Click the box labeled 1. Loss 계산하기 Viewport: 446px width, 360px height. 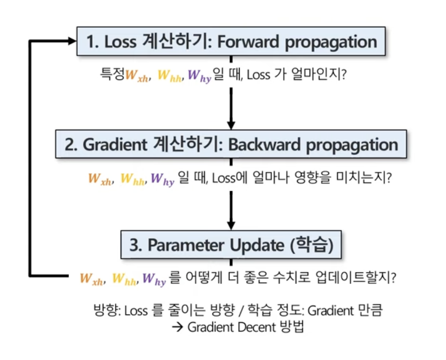pyautogui.click(x=231, y=42)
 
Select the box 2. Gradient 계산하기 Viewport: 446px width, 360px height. pyautogui.click(x=231, y=144)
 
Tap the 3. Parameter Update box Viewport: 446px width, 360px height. pyautogui.click(x=231, y=245)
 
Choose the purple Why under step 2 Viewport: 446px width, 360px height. pyautogui.click(x=162, y=179)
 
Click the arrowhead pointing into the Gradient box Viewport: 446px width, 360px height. pyautogui.click(x=231, y=124)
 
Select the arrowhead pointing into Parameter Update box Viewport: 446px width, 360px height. pyautogui.click(x=231, y=225)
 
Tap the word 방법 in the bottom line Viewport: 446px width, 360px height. pyautogui.click(x=292, y=327)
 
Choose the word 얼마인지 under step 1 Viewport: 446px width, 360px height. pyautogui.click(x=320, y=75)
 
